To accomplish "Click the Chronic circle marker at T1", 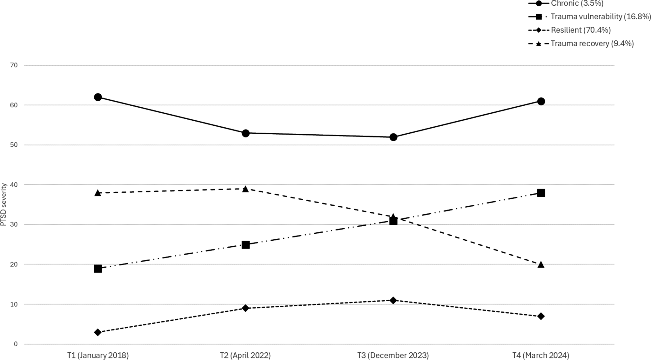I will coord(98,97).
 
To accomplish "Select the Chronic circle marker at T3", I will coord(393,137).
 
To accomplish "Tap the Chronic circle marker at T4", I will coord(541,101).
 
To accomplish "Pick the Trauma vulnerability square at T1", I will coord(98,269).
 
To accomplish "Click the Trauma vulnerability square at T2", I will coord(245,245).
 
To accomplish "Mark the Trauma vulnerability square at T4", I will coord(541,193).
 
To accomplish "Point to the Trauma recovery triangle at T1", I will coord(98,193).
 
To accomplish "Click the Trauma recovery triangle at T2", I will coord(245,189).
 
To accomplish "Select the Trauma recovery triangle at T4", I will coord(541,264).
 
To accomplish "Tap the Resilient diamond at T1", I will coord(98,332).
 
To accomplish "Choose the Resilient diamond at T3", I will coord(393,300).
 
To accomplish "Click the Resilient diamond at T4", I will coord(541,316).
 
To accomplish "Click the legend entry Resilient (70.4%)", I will coord(581,30).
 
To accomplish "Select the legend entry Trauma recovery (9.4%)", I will coord(592,43).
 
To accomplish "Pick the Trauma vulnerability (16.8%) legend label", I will coord(601,17).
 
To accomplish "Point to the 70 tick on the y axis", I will coord(14,65).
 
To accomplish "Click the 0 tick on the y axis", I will coord(16,344).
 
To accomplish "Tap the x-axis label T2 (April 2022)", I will coord(245,355).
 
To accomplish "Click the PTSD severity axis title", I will coord(4,204).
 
